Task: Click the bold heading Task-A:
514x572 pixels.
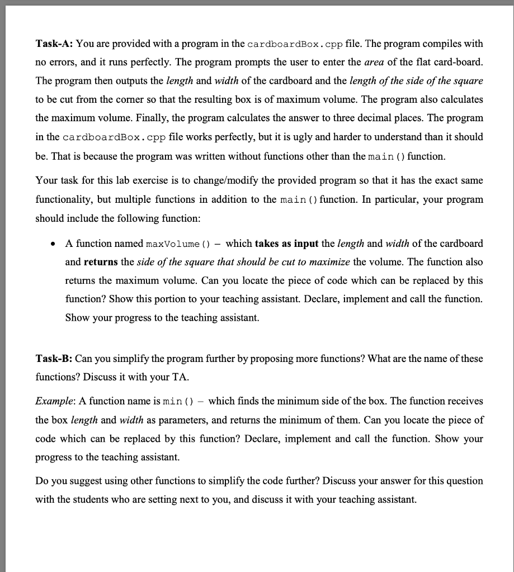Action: point(54,44)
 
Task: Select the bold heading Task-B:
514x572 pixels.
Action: point(54,358)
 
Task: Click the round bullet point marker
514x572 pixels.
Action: point(53,244)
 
